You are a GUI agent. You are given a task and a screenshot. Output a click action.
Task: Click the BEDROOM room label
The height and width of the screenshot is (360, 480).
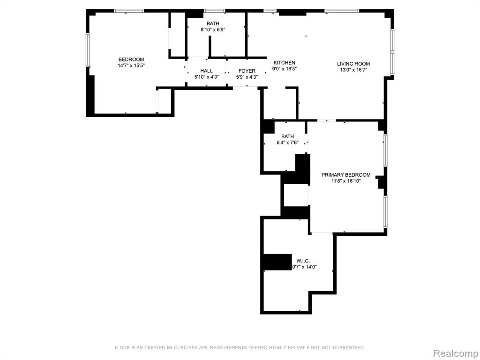131,60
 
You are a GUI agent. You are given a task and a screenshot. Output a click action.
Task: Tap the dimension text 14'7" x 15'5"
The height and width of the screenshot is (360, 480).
131,65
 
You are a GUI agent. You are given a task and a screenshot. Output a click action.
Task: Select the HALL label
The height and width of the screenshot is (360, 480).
206,71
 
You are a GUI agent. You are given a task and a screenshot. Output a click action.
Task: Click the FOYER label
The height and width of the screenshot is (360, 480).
247,71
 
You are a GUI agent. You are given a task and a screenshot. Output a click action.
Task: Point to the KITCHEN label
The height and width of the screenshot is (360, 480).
285,63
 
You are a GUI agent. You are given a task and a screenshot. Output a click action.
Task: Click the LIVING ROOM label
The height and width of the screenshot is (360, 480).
353,64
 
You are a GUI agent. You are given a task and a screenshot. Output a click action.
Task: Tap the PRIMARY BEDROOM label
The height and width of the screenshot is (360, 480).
346,175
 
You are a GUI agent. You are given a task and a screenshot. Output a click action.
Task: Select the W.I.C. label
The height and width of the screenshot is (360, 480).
303,261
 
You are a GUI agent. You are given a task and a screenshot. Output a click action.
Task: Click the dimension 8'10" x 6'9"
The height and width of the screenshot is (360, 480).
213,30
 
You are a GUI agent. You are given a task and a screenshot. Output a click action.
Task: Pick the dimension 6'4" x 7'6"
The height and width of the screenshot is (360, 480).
287,142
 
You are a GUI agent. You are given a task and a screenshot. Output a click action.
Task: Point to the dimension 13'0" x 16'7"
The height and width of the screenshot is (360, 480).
353,69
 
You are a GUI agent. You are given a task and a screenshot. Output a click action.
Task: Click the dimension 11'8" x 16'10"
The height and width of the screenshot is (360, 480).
346,180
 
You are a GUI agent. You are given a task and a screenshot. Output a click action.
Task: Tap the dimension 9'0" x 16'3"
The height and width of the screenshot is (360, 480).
285,68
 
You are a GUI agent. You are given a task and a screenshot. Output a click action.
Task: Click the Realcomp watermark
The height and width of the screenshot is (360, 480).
456,353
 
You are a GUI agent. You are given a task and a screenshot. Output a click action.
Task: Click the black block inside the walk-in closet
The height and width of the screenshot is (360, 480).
277,262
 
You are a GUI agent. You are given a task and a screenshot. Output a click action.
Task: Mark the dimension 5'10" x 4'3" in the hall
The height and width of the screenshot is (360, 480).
206,77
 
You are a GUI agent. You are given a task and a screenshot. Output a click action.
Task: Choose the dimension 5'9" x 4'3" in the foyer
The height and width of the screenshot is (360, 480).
247,77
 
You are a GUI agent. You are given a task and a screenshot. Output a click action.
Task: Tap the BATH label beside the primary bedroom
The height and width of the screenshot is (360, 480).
287,136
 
